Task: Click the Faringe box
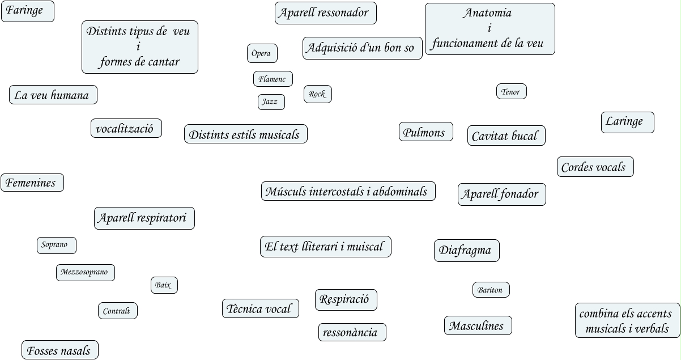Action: click(27, 11)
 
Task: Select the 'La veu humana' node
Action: click(53, 95)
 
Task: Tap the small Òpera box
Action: click(262, 53)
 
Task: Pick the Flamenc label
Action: click(273, 79)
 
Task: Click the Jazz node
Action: click(271, 102)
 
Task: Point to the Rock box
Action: click(317, 94)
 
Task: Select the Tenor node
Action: click(511, 92)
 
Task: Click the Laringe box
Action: click(627, 122)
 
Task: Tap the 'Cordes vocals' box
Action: click(595, 167)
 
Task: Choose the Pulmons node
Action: click(425, 132)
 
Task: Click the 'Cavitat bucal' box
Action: click(507, 136)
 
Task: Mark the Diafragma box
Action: click(466, 250)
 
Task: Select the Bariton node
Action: click(491, 290)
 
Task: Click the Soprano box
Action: click(56, 245)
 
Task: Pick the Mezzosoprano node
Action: click(85, 272)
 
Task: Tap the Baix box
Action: click(164, 285)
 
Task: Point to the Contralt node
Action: click(117, 311)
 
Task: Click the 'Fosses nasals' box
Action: click(59, 350)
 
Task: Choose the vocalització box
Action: click(126, 128)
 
